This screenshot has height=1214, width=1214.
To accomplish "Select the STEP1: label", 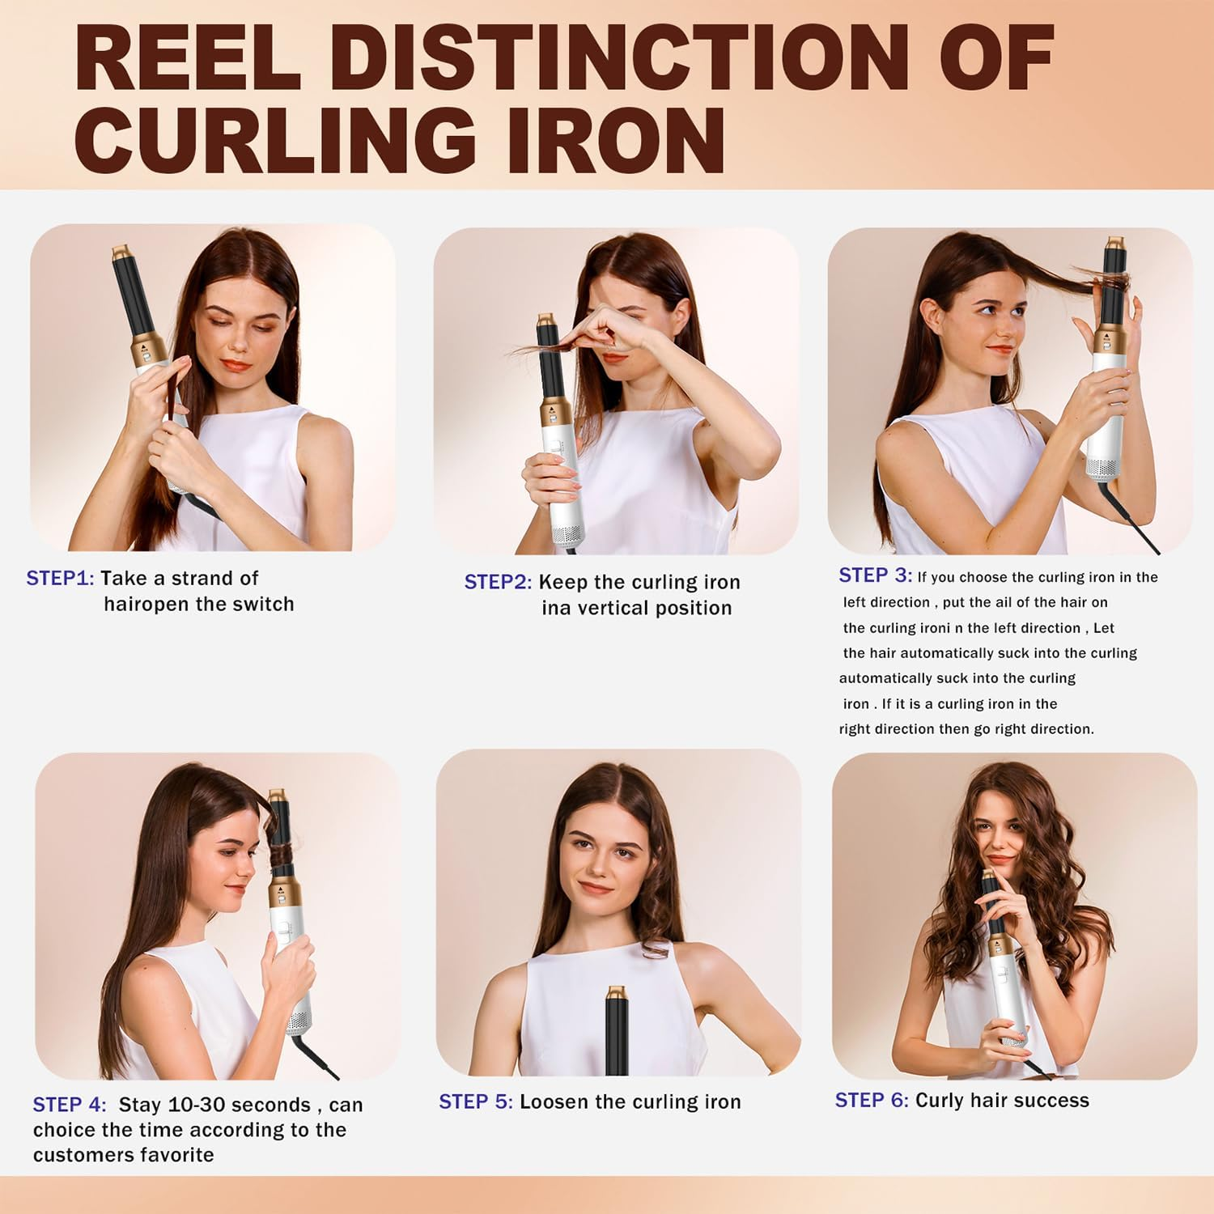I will pyautogui.click(x=60, y=579).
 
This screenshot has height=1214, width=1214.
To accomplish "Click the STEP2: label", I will pyautogui.click(x=498, y=583).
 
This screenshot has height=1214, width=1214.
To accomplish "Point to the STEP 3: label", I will pyautogui.click(x=875, y=575).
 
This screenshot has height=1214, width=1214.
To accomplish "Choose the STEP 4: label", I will pyautogui.click(x=70, y=1105).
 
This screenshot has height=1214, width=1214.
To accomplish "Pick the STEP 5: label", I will pyautogui.click(x=476, y=1102).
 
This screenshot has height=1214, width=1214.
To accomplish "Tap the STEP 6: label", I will pyautogui.click(x=872, y=1101).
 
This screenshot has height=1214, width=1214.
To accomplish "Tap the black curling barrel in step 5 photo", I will pyautogui.click(x=617, y=1036).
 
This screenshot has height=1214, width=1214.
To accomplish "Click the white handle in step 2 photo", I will pyautogui.click(x=564, y=486).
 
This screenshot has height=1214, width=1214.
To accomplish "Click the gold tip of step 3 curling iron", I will pyautogui.click(x=1114, y=243).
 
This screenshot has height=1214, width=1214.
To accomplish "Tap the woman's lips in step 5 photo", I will pyautogui.click(x=596, y=888).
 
